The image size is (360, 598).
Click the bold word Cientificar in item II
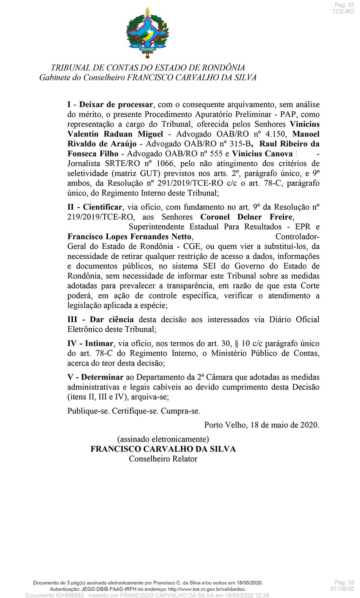coord(103,207)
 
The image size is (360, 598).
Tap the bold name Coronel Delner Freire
coord(246,217)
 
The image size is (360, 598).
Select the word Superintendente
coord(157,227)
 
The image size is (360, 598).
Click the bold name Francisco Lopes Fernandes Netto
coord(129,237)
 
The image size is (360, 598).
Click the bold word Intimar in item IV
coord(99,343)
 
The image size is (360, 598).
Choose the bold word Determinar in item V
coord(102,377)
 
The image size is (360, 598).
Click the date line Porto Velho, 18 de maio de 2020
coord(262,425)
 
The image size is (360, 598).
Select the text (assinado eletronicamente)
coord(163,439)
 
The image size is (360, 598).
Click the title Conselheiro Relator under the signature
coord(163,459)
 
